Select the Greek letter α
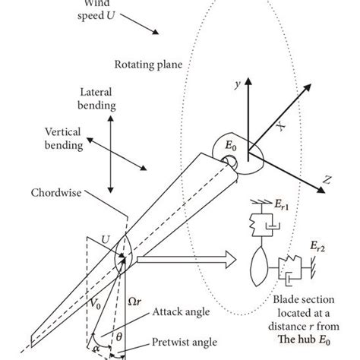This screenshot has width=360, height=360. (x=97, y=343)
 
